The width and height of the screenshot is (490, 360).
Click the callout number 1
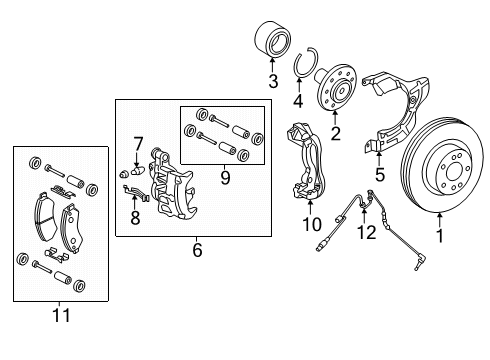click(x=436, y=237)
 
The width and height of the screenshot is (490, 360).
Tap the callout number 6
click(x=196, y=250)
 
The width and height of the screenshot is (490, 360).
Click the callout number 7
click(x=139, y=143)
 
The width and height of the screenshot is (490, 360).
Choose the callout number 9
click(x=224, y=179)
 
